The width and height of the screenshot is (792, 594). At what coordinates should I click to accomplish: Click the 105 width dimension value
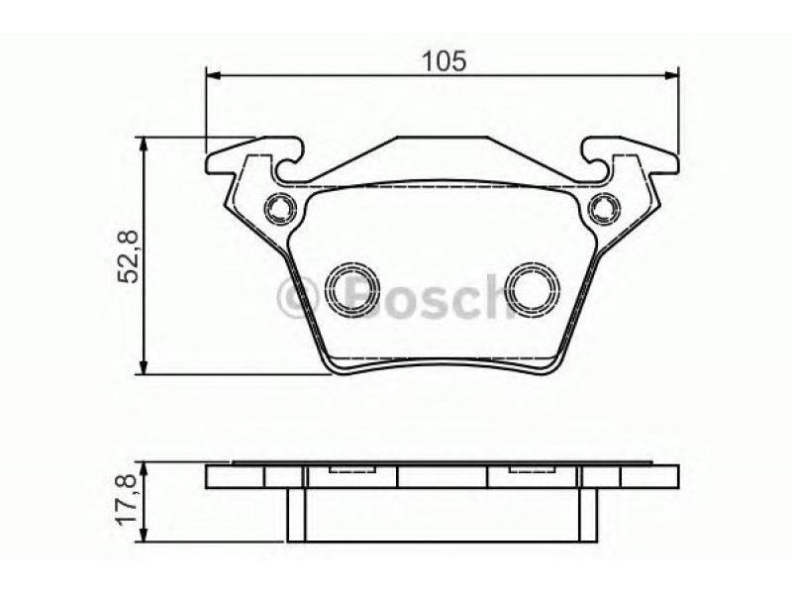pos(444,61)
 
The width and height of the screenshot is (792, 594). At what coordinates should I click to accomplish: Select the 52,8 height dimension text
pos(128,256)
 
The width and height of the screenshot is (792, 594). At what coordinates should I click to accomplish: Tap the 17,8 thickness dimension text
pos(128,500)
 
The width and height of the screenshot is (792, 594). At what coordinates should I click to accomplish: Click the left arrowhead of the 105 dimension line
pos(214,76)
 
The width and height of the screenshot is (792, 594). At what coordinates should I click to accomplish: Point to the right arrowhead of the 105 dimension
pos(671,76)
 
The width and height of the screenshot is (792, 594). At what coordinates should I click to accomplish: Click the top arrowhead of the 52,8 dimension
pos(145,145)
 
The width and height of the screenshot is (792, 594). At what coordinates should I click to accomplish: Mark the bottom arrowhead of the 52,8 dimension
pos(145,367)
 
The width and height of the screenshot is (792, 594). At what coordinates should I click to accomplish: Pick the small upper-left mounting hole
pos(280,208)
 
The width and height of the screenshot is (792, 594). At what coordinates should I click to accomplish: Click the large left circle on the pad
pos(352,289)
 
